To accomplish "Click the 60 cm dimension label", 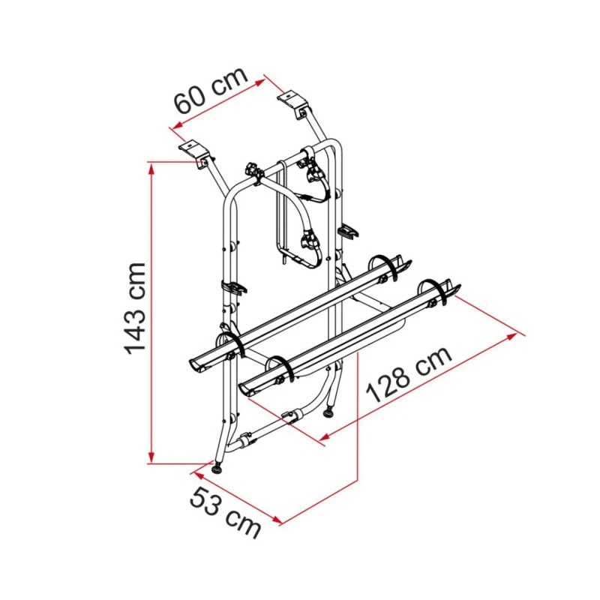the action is (x=211, y=91).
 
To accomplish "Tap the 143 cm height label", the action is (x=135, y=308).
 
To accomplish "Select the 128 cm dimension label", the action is (x=409, y=374).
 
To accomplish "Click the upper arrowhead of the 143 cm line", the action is (x=152, y=169).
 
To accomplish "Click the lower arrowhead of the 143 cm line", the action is (x=152, y=457).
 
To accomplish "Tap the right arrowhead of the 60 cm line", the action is (x=259, y=82).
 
